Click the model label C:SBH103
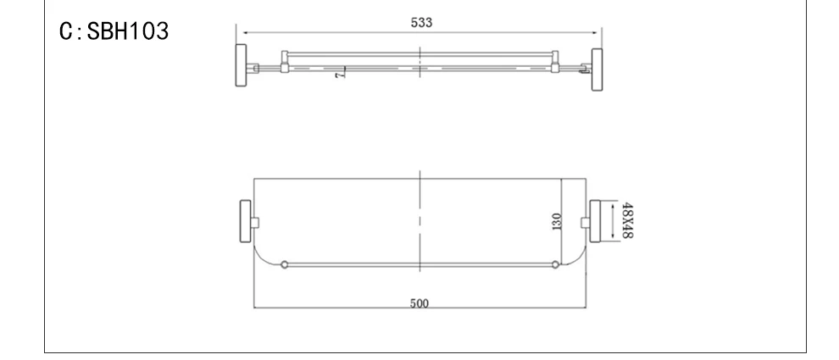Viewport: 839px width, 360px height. pos(114,31)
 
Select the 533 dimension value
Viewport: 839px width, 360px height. pos(422,23)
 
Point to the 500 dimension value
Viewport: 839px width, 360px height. pos(419,304)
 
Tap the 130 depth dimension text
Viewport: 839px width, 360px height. pos(557,221)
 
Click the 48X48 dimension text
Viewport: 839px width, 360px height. pos(628,220)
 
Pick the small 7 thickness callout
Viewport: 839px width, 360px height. pos(339,75)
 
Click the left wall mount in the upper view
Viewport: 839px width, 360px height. pos(242,65)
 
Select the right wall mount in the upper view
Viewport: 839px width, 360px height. pos(597,69)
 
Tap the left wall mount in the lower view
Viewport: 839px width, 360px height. pos(245,221)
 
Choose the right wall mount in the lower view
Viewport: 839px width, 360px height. pos(595,221)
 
